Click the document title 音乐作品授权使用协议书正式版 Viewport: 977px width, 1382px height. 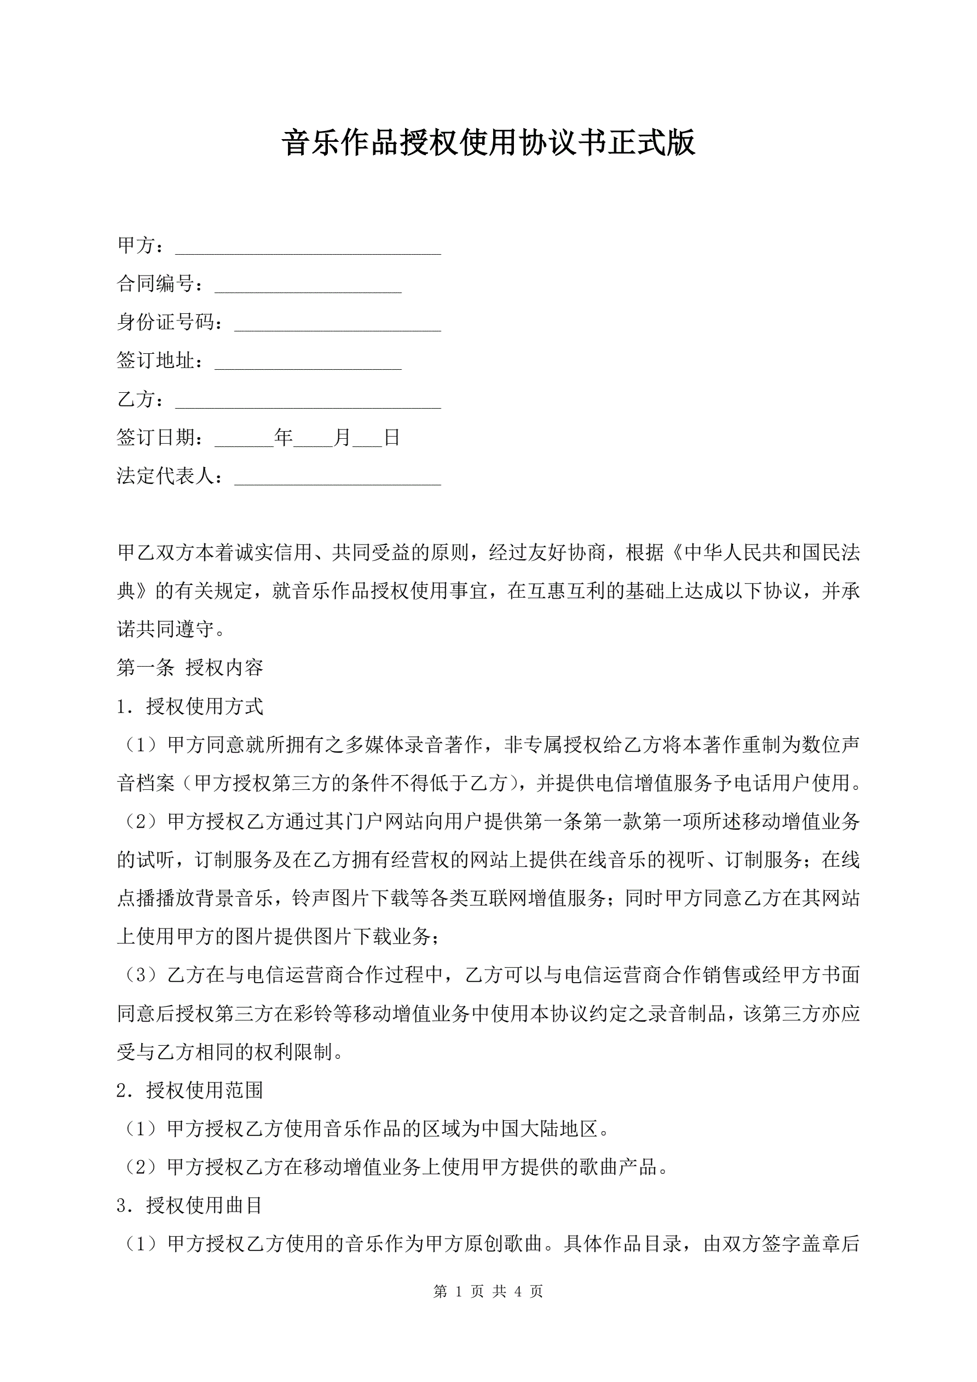click(488, 142)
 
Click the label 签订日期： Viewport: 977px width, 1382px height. click(160, 438)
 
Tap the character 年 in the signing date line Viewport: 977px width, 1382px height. click(284, 438)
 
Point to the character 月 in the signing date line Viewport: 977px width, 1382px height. click(342, 438)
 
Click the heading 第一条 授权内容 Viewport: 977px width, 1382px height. click(189, 668)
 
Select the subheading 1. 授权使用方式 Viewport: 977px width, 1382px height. click(189, 706)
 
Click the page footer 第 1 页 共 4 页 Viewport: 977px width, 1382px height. click(488, 1291)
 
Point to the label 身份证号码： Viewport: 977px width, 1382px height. click(170, 322)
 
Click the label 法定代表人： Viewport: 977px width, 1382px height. click(170, 476)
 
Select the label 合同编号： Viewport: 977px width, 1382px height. click(160, 284)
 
